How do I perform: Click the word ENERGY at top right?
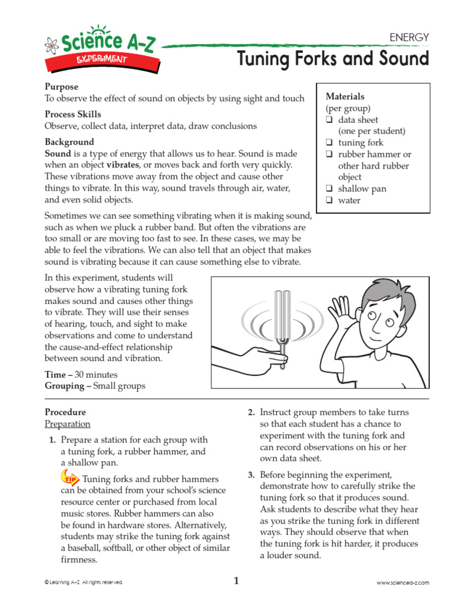pyautogui.click(x=408, y=37)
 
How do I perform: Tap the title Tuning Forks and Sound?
pyautogui.click(x=332, y=59)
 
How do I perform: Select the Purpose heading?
pyautogui.click(x=61, y=87)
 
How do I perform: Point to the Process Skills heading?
pyautogui.click(x=73, y=114)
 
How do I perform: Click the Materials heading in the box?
pyautogui.click(x=345, y=96)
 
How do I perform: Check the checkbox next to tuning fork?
pyautogui.click(x=329, y=143)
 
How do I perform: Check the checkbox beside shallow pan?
pyautogui.click(x=329, y=189)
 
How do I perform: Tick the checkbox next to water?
pyautogui.click(x=329, y=201)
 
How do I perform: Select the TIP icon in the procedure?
pyautogui.click(x=70, y=477)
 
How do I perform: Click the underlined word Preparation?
pyautogui.click(x=68, y=424)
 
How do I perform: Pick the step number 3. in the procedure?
pyautogui.click(x=251, y=474)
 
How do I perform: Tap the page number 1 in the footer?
pyautogui.click(x=236, y=581)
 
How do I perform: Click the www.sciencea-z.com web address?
pyautogui.click(x=403, y=583)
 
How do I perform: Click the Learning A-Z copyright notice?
pyautogui.click(x=84, y=583)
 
